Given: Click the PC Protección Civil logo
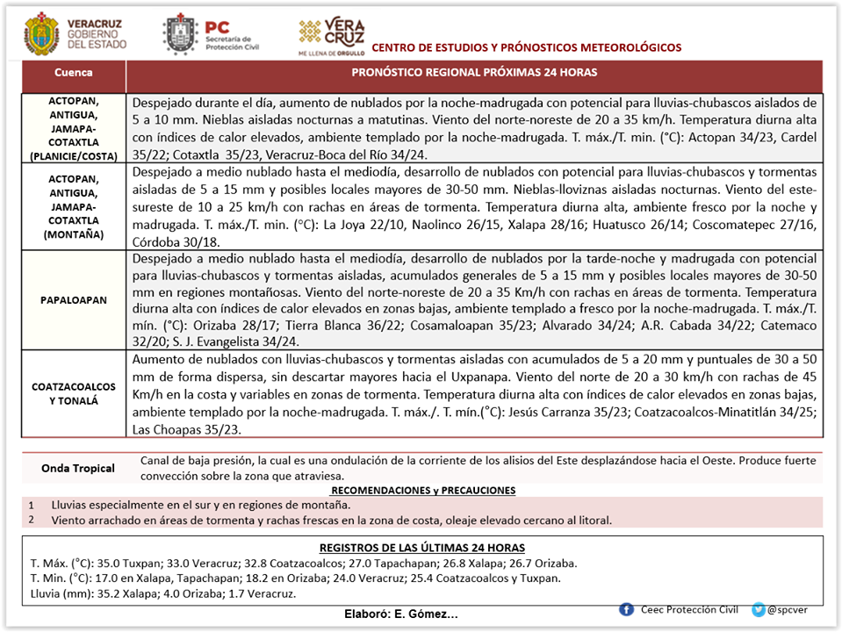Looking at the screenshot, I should point(179,33).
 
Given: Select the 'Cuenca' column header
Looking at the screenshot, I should point(73,73).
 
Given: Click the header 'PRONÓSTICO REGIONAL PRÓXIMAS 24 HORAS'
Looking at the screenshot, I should point(474,73).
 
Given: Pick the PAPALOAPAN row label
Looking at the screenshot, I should point(73,299).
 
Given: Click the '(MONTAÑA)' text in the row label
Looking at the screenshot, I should point(73,235).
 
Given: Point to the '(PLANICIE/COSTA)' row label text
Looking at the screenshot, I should point(73,156).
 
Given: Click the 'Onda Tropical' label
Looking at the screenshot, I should point(78,468).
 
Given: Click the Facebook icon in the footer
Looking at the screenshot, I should point(626,609).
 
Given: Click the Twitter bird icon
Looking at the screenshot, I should point(759,609).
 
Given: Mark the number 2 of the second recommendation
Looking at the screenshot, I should point(31,519).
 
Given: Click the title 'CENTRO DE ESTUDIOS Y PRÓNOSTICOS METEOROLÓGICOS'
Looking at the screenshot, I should point(527,47).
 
